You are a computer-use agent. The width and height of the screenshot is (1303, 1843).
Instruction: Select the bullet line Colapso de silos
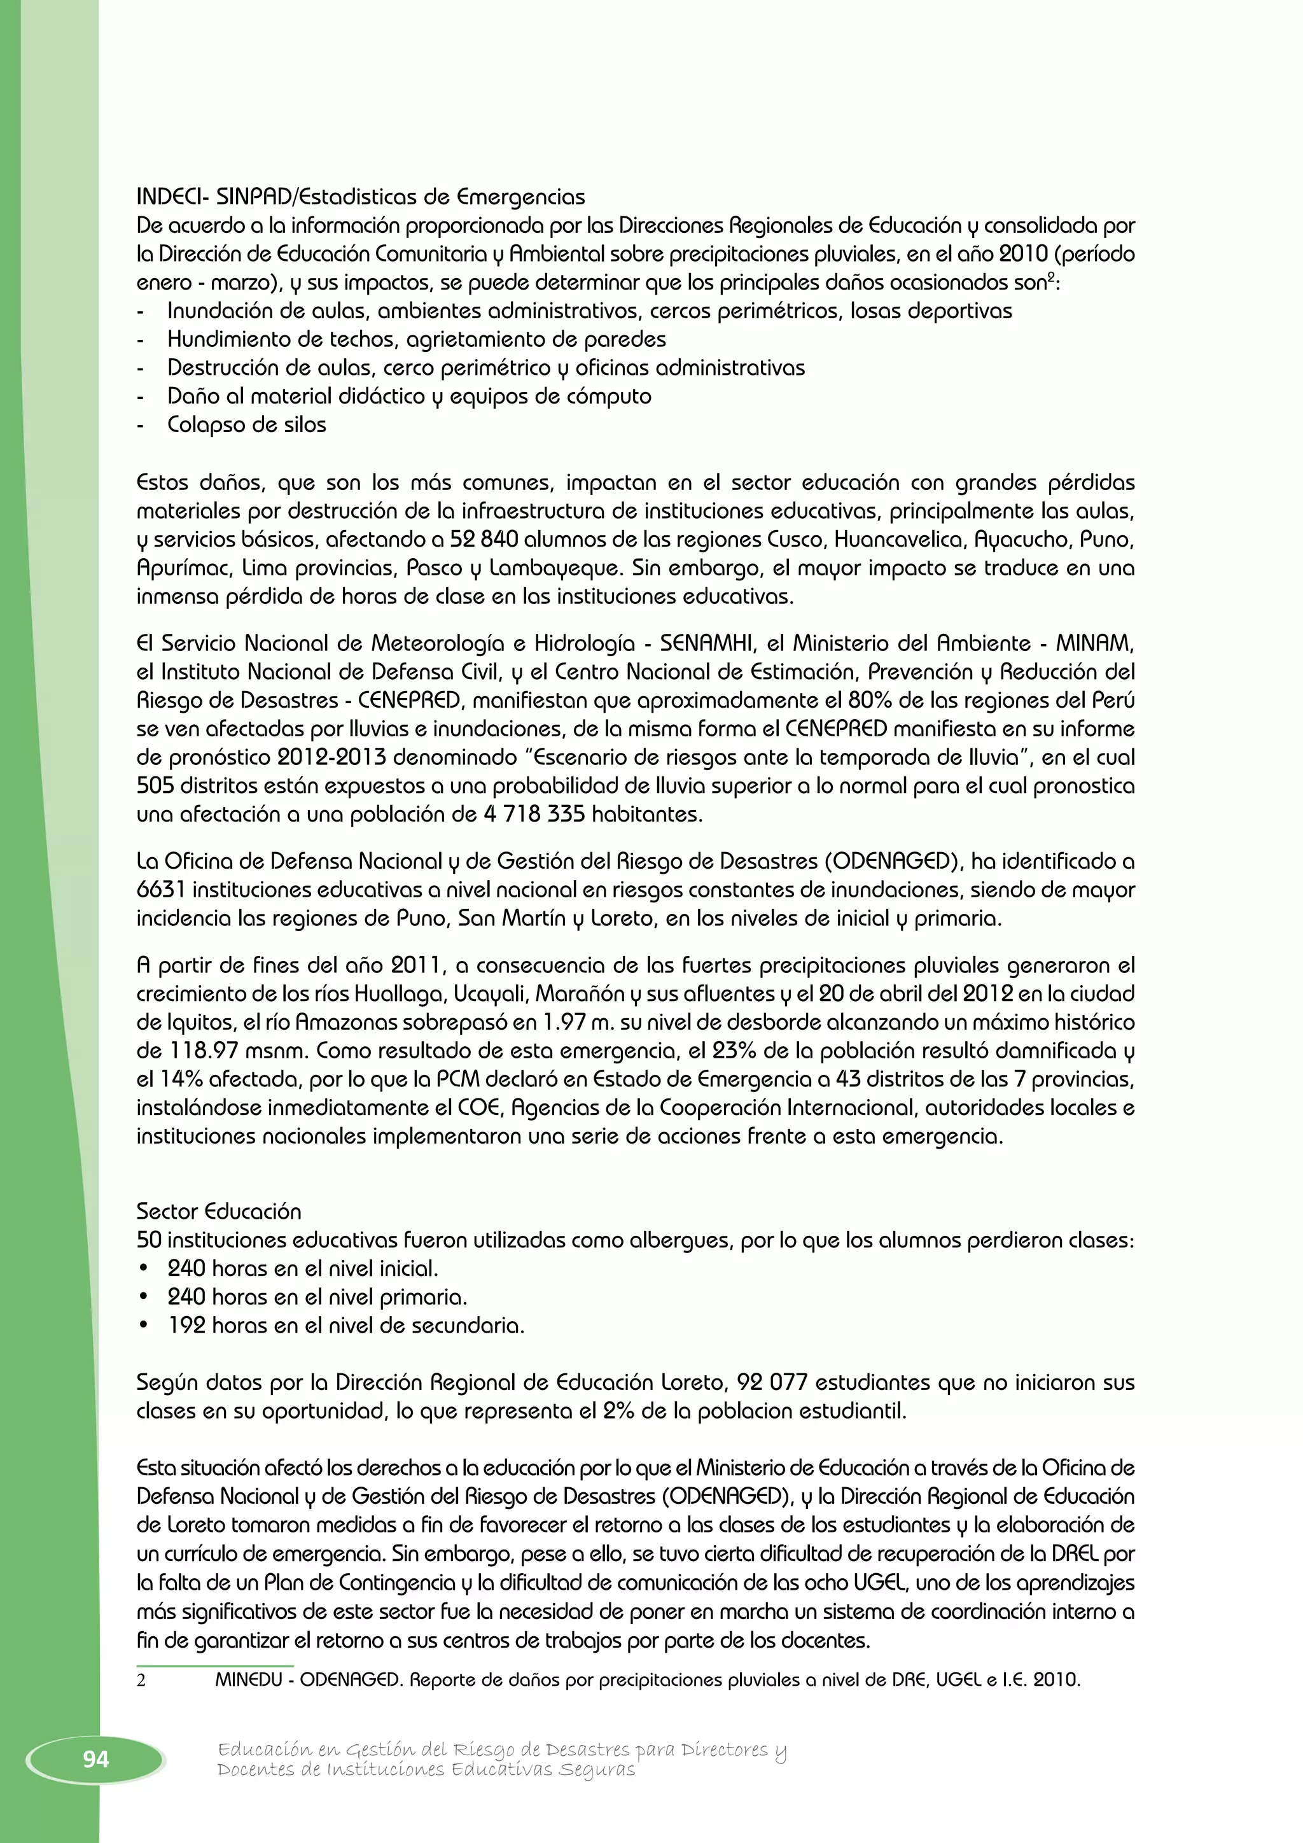[246, 424]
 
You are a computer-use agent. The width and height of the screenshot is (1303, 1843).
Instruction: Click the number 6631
[161, 890]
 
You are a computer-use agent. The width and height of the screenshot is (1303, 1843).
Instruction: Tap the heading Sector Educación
[218, 1211]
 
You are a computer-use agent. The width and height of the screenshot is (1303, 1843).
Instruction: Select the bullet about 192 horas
[345, 1325]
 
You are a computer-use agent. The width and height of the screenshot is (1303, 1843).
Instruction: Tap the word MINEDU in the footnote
[251, 1680]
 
